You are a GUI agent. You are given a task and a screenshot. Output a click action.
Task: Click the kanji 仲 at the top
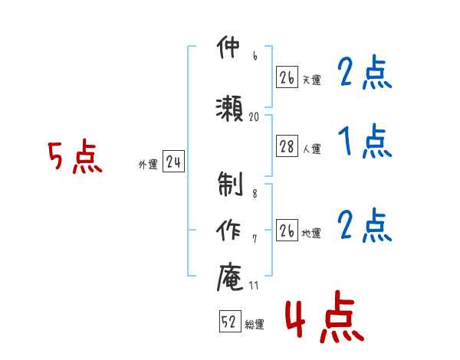coord(228,47)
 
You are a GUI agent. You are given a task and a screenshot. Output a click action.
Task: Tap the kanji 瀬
coord(229,108)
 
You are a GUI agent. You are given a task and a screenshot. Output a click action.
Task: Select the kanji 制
coord(230,184)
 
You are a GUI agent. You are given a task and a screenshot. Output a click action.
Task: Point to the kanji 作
coord(228,230)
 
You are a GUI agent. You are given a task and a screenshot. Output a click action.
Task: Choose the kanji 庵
coord(230,277)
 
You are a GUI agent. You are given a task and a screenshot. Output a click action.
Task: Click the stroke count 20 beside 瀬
coord(254,116)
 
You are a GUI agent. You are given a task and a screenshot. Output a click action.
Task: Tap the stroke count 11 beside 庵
coord(254,285)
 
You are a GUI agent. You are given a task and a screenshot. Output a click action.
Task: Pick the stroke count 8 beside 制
coord(255,194)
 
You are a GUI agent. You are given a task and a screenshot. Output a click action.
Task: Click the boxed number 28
coord(287,146)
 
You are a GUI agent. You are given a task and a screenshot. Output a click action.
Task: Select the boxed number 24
coord(174,162)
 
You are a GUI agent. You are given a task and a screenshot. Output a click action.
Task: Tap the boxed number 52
coord(230,321)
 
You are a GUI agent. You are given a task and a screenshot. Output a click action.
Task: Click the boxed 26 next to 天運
coord(287,77)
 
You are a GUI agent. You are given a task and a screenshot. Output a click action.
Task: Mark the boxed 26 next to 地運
coord(287,230)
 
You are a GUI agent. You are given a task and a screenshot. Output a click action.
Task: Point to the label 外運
coord(149,165)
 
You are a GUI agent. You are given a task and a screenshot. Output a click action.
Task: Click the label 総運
coord(255,325)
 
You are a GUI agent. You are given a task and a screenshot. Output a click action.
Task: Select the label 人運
coord(312,149)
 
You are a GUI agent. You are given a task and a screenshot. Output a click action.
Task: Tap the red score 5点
coord(75,156)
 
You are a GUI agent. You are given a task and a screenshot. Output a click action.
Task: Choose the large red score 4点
coord(325,316)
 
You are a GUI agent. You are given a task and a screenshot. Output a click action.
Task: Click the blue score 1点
coord(365,141)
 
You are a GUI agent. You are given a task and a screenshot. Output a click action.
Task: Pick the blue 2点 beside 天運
coord(365,72)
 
